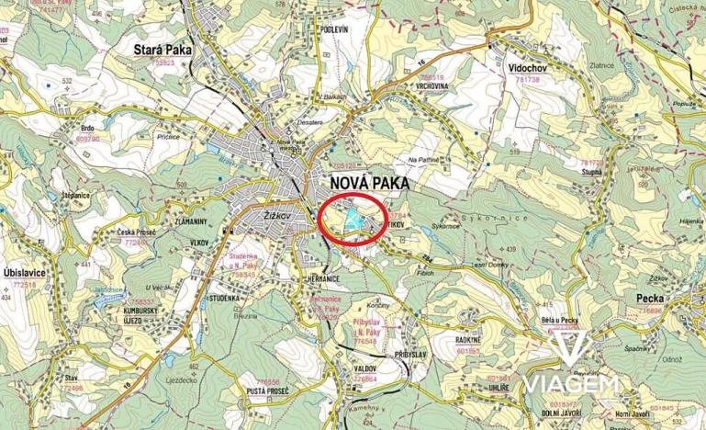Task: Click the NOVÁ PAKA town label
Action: [367, 183]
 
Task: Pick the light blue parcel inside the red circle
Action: [352, 218]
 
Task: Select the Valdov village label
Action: [366, 366]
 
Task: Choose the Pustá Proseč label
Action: [266, 392]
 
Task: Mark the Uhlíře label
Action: [499, 389]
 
